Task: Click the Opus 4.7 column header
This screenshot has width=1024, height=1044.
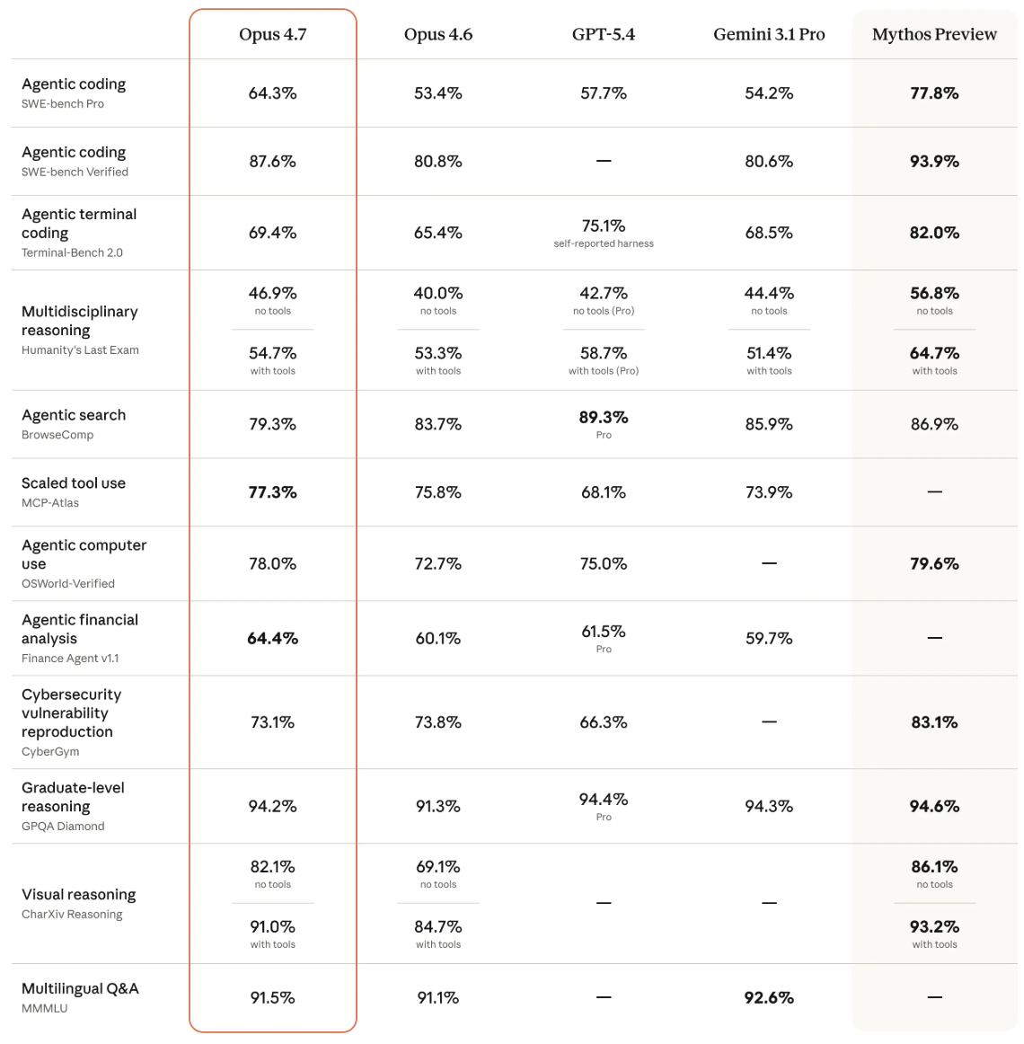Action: coord(272,34)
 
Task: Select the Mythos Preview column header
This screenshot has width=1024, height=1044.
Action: coord(934,34)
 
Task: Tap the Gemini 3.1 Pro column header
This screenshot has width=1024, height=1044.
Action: coord(769,34)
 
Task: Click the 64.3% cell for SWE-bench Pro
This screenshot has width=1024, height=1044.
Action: coord(272,93)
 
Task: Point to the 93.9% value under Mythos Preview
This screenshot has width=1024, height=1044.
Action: coord(934,162)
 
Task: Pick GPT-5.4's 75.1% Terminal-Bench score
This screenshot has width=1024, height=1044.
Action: coord(604,226)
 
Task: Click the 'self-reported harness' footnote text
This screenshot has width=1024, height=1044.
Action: coord(604,243)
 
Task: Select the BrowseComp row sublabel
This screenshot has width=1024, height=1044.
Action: coord(57,435)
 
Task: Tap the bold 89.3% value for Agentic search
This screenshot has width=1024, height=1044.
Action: coord(604,418)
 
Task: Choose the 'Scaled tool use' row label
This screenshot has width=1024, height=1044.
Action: coord(74,483)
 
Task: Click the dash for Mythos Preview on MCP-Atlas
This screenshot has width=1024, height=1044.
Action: coord(934,492)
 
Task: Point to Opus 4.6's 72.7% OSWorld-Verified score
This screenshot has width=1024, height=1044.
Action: coord(438,564)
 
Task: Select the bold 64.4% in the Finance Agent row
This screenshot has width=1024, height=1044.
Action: coord(272,639)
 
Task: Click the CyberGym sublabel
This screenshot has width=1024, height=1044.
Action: coord(50,752)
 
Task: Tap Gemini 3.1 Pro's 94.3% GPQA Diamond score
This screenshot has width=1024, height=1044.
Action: coord(769,807)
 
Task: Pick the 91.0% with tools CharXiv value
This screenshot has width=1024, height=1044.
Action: coord(272,926)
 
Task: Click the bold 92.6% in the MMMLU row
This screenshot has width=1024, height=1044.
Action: coord(769,998)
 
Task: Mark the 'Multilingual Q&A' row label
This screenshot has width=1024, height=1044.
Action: coord(80,989)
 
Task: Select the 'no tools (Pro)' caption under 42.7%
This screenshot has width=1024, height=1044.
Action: coord(604,311)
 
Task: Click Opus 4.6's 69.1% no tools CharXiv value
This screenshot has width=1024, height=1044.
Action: coord(438,867)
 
